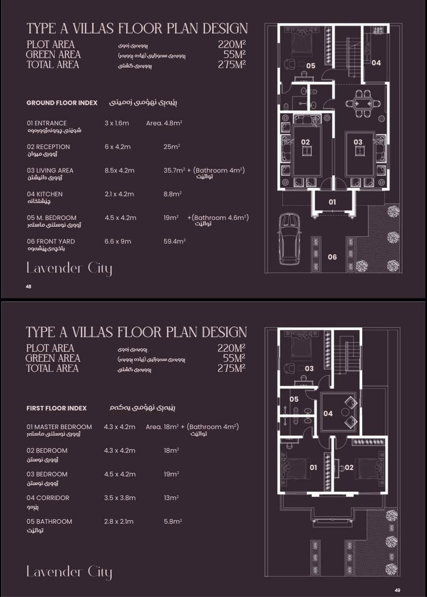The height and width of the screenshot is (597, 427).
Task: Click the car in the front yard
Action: click(290, 239)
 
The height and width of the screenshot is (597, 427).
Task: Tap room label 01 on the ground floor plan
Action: click(332, 202)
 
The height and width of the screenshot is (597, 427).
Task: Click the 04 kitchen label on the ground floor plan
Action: click(376, 63)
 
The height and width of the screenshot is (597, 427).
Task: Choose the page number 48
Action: click(28, 286)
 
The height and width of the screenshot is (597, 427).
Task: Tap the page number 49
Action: click(397, 590)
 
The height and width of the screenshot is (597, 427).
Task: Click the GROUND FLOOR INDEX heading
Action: click(62, 103)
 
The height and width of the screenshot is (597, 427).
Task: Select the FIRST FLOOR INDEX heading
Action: click(57, 408)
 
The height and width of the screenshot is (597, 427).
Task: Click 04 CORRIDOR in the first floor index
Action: click(48, 498)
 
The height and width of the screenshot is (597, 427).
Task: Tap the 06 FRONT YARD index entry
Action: click(51, 241)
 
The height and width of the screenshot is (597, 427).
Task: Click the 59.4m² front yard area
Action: click(175, 241)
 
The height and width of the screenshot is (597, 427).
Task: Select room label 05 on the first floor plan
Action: click(294, 399)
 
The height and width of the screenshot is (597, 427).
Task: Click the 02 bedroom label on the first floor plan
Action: click(349, 468)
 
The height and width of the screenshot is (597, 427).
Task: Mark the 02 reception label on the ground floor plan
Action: click(305, 142)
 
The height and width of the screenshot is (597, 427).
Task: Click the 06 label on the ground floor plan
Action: click(332, 257)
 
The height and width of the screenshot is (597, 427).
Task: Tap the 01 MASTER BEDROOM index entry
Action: click(59, 427)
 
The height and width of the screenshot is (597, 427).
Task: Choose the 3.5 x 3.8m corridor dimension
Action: click(120, 498)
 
